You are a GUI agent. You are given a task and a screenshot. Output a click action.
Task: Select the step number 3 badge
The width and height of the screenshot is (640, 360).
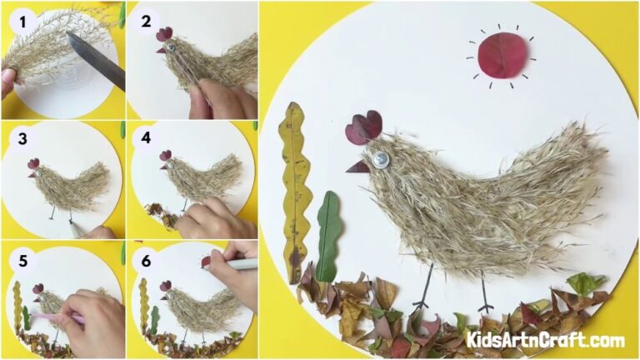(x=18, y=138)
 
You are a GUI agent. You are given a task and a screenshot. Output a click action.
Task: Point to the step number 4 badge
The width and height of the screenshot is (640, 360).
(x=146, y=138)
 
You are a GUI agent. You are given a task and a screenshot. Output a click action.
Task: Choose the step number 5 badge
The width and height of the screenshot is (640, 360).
(x=18, y=258)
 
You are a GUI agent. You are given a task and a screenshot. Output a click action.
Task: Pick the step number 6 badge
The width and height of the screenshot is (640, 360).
(x=146, y=258)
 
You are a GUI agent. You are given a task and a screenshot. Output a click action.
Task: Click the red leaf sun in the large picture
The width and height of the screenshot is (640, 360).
(x=502, y=56)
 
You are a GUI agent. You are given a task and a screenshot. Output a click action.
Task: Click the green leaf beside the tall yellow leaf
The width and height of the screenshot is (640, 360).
(x=328, y=233)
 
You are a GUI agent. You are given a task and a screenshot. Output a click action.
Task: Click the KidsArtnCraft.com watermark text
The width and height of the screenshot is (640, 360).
(x=545, y=339)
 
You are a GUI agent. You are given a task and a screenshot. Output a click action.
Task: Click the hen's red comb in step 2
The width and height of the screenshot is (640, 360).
(x=164, y=34)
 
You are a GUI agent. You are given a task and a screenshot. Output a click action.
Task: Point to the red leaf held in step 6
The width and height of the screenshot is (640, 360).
(x=206, y=262)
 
